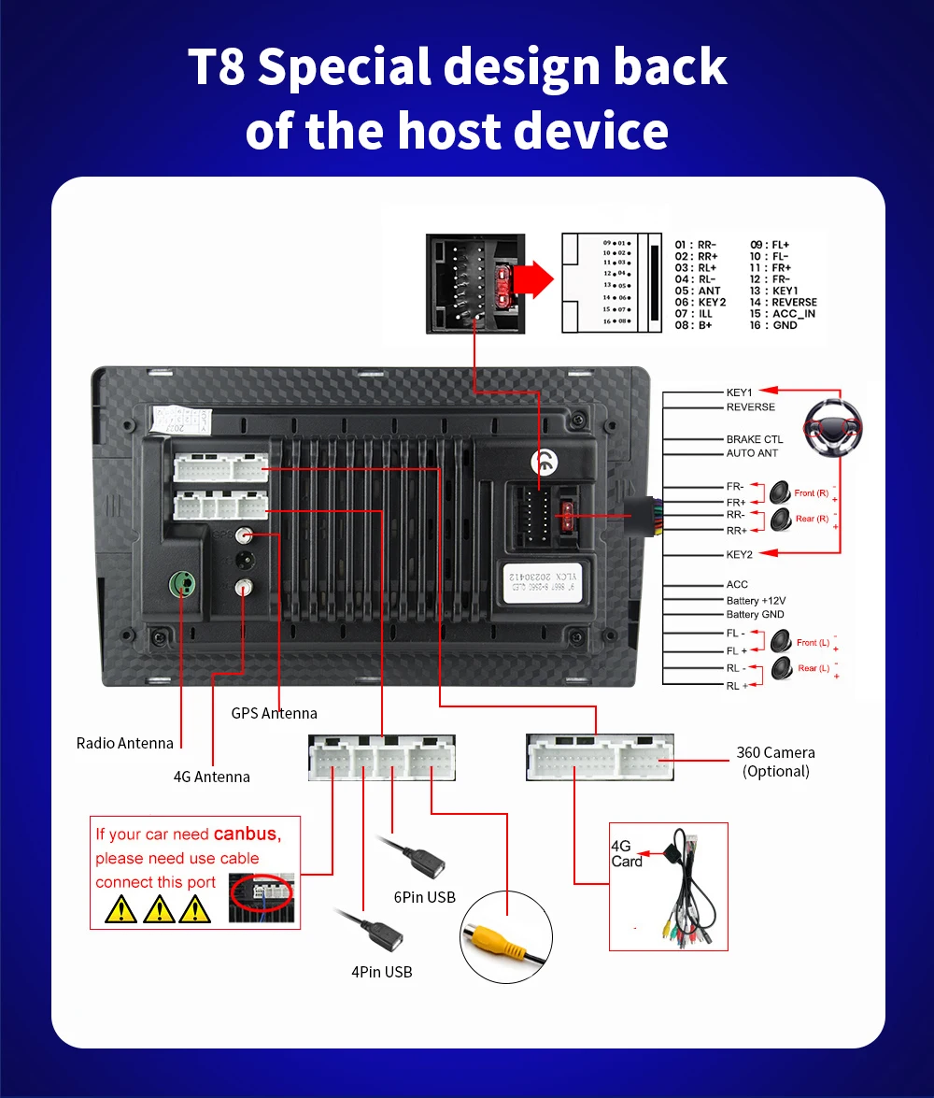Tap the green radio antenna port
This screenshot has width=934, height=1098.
(182, 586)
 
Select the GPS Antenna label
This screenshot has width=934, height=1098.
(275, 713)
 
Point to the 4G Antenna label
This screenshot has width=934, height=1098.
(212, 777)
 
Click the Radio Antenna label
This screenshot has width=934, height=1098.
(125, 743)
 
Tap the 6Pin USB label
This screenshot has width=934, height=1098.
(425, 897)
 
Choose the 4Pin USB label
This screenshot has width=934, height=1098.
(382, 972)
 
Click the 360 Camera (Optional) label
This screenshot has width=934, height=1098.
(775, 762)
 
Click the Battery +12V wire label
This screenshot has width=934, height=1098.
(756, 600)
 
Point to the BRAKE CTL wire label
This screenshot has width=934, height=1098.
(755, 439)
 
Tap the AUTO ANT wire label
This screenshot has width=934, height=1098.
(752, 453)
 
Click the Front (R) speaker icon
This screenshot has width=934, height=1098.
(780, 492)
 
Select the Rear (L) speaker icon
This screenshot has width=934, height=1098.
(782, 667)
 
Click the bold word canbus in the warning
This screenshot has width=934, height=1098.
(245, 834)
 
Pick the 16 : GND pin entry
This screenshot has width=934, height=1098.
(774, 325)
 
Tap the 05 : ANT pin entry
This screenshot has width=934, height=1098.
(698, 291)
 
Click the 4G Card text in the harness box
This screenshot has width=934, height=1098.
(627, 853)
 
